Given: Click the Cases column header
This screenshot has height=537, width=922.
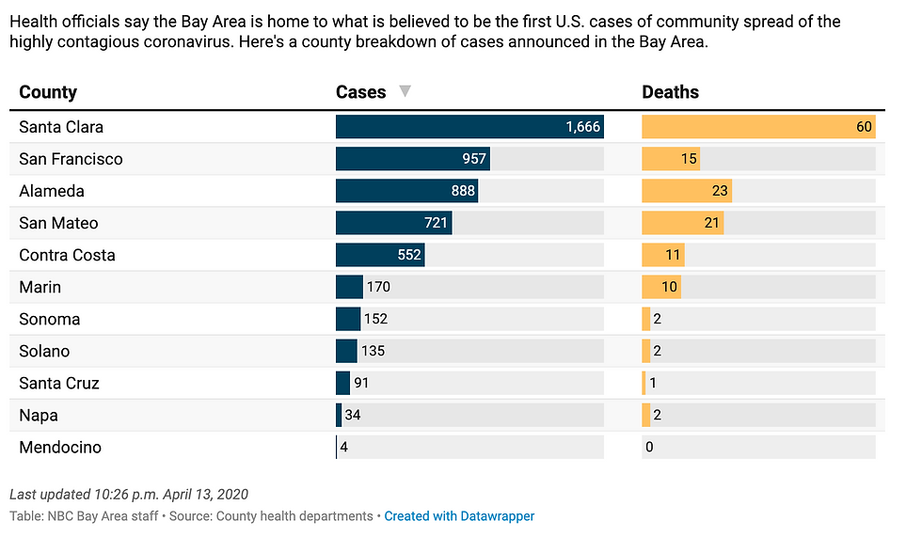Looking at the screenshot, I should coord(361,92).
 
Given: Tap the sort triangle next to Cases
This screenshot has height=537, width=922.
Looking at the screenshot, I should coord(405,91).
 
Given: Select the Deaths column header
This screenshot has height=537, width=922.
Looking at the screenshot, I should coord(670,92).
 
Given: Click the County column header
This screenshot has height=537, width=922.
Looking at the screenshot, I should coord(48,92).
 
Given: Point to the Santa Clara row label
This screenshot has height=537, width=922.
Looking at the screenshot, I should coord(61,127).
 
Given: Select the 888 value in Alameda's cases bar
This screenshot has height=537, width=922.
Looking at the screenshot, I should coord(463,191).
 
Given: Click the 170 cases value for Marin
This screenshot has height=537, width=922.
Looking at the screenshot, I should coord(378,287).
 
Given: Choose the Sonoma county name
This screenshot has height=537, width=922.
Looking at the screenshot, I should coord(50,319).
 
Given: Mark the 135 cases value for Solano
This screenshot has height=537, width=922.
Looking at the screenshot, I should coord(374,351).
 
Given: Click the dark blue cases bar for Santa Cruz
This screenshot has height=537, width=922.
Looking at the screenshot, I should coord(342,383).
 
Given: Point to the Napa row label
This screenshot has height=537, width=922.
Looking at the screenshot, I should coord(39,415).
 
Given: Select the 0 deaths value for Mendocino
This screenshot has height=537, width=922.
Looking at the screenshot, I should coord(649,447).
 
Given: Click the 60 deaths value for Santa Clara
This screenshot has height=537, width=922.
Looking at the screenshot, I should coord(864,127).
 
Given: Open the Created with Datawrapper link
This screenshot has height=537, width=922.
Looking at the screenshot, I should coord(459,516).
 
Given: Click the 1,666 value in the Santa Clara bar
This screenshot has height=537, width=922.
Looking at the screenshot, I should coord(582,127).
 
